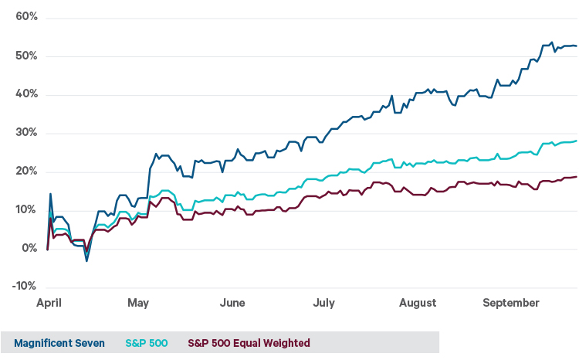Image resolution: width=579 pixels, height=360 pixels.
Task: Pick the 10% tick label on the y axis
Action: pos(22,210)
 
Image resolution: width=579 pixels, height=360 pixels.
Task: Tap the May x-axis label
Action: pos(139,303)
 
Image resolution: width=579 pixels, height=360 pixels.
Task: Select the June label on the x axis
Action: pos(232,303)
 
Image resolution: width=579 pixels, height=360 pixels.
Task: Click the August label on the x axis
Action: pos(418,303)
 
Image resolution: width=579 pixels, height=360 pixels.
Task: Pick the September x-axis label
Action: pos(510,303)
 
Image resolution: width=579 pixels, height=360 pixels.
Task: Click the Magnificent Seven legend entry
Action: pos(59,343)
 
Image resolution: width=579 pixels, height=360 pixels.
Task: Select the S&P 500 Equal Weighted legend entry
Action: pos(249,343)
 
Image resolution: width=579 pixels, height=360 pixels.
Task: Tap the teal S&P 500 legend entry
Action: pos(147,343)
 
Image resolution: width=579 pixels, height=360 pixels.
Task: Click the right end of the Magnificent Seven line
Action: pos(576,46)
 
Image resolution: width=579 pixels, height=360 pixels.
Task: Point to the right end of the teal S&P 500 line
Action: pos(576,141)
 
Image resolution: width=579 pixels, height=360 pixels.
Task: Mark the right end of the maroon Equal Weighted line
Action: pos(576,177)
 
